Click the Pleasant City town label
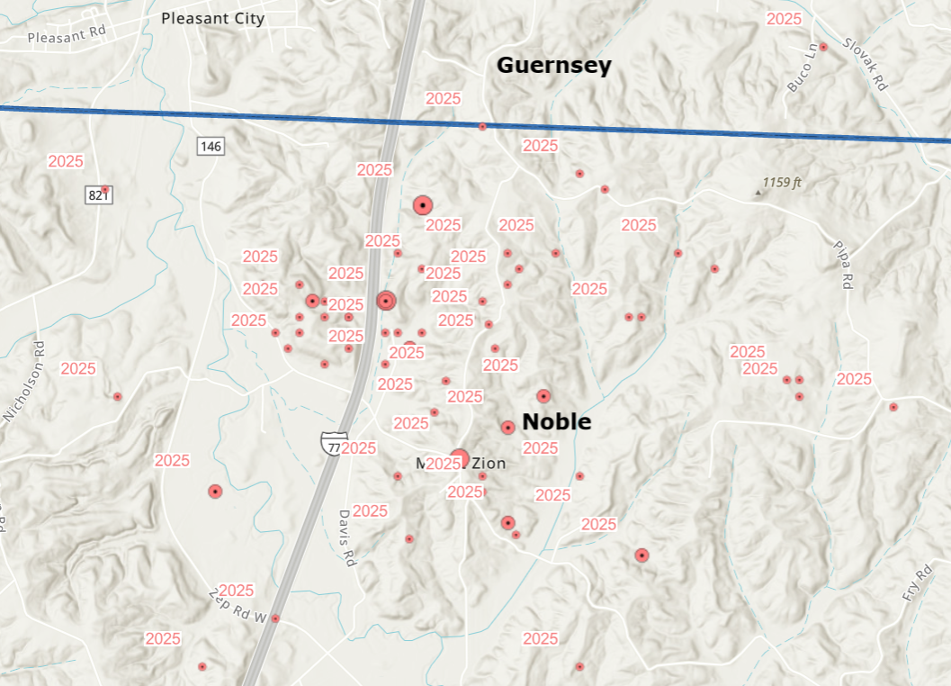212,18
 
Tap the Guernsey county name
553,66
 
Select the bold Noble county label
557,421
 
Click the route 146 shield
211,146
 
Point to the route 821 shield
97,195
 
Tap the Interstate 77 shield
333,443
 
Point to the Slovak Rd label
866,63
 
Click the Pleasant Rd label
67,38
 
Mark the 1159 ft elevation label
781,183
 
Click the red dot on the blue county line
482,127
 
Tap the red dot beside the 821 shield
105,190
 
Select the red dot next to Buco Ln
823,47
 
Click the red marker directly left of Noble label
507,428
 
